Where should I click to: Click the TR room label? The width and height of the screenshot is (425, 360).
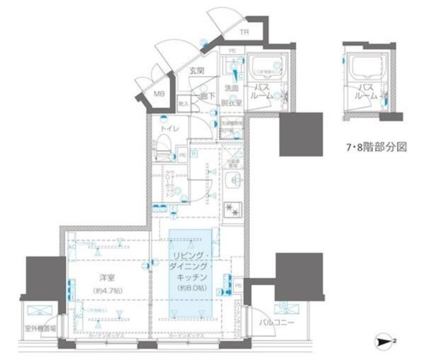click(244, 31)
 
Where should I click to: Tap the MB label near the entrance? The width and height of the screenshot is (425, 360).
click(159, 94)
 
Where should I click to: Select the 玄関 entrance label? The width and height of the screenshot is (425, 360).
click(196, 71)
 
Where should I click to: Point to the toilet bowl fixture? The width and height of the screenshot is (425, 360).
click(163, 147)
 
